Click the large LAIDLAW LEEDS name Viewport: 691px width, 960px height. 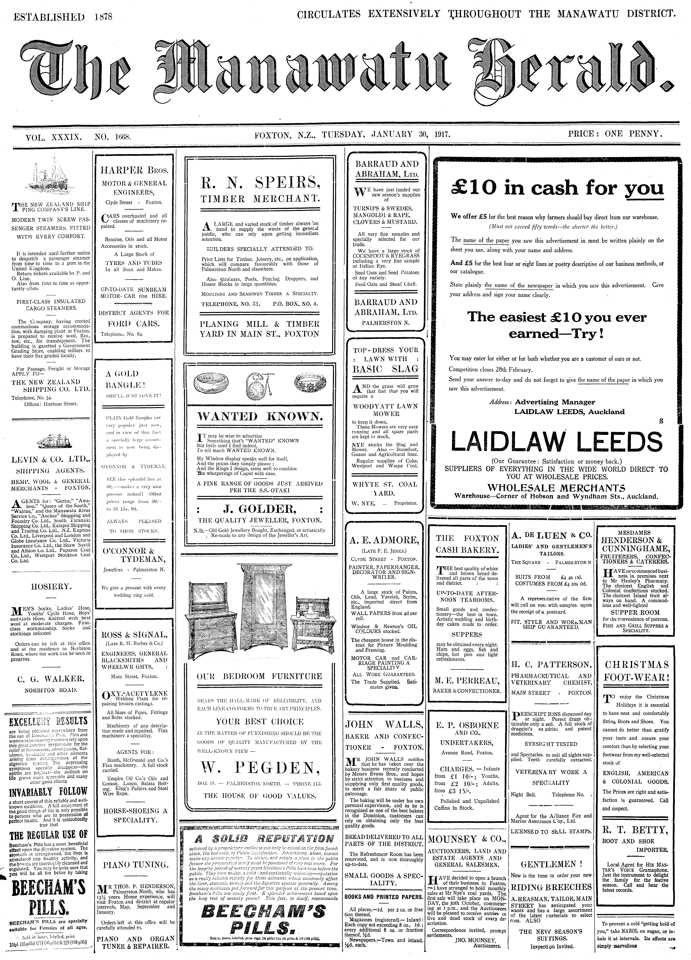(556, 442)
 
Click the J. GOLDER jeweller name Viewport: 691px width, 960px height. (260, 508)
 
